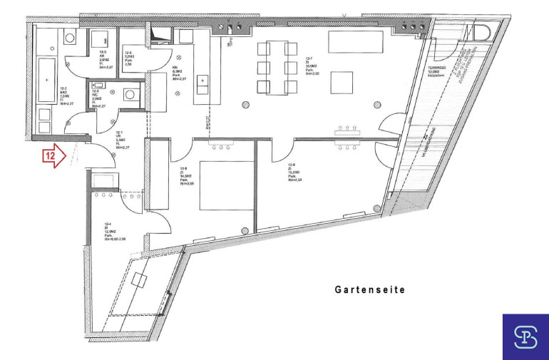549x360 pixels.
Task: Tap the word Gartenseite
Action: pos(370,290)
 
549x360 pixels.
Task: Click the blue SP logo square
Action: pos(525,336)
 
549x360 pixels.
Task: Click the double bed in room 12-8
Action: pos(225,185)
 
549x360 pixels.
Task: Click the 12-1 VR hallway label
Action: pos(120,138)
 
